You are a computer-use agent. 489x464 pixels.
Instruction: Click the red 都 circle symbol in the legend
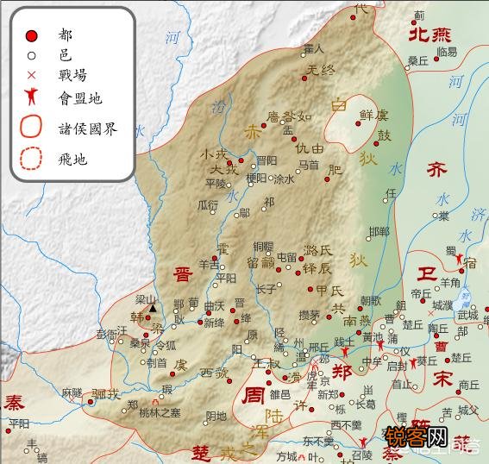coord(31,35)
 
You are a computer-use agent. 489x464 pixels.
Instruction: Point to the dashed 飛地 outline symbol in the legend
coord(32,159)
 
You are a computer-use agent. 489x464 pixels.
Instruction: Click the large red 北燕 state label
coord(429,34)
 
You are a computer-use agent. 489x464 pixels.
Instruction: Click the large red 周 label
coord(254,396)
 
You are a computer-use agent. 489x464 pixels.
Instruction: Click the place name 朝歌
coord(370,300)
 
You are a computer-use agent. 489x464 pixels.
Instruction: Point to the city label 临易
coord(447,52)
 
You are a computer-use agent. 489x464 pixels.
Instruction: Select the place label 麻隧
coord(72,392)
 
